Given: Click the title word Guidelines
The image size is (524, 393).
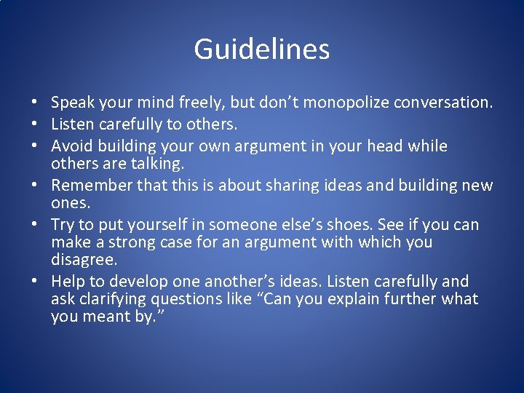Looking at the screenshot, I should pos(262,49).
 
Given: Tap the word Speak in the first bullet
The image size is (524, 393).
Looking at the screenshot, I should pos(71,103).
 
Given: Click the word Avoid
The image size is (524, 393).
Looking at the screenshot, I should pos(71,146).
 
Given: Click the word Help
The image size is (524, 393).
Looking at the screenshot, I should pos(67,282).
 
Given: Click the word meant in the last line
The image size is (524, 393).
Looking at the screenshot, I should pos(106,317).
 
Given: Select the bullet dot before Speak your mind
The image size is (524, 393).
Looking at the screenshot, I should pos(35,104).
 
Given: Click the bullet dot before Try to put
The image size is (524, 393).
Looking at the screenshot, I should pos(35,225).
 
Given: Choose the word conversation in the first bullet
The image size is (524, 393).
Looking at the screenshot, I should pos(443,103).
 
